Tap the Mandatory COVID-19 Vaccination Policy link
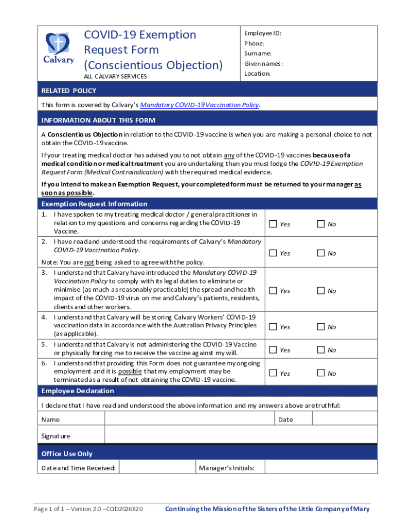pos(200,105)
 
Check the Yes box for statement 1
pos(273,224)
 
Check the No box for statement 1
pos(321,224)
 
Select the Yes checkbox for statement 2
pos(273,253)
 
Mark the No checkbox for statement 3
pos(321,291)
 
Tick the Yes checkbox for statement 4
pos(273,327)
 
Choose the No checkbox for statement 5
pos(321,350)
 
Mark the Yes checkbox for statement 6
pos(273,373)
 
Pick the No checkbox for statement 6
pos(321,373)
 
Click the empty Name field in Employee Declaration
pos(189,419)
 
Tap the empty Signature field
pos(240,436)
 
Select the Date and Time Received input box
pos(157,468)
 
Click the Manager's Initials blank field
pos(321,468)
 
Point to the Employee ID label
pos(263,33)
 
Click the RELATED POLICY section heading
pos(69,91)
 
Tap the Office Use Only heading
pos(67,453)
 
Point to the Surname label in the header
pos(258,54)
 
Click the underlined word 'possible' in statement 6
pos(130,371)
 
